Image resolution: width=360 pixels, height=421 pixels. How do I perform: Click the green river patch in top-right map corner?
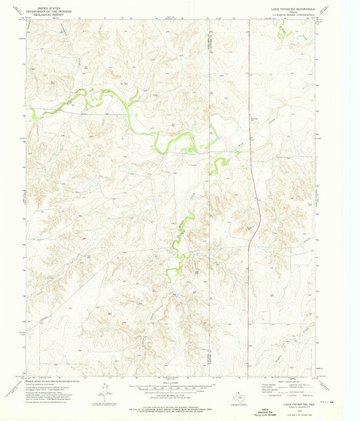[283, 32]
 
